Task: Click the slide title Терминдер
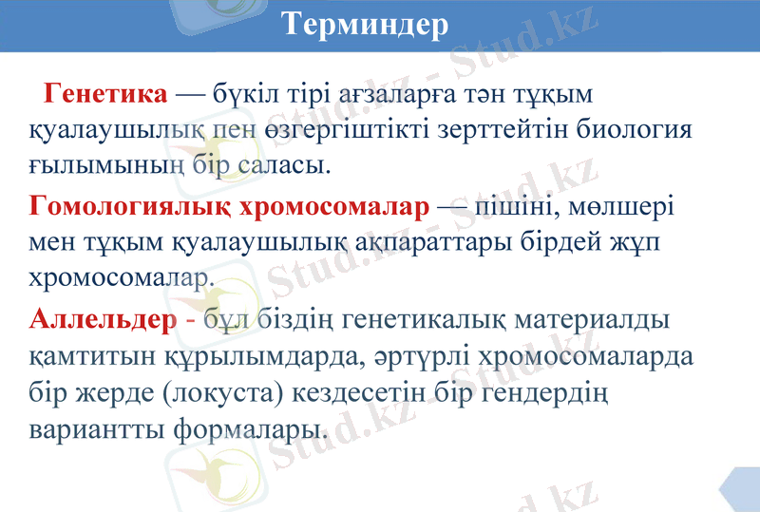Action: point(366,25)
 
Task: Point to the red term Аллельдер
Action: point(104,319)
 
